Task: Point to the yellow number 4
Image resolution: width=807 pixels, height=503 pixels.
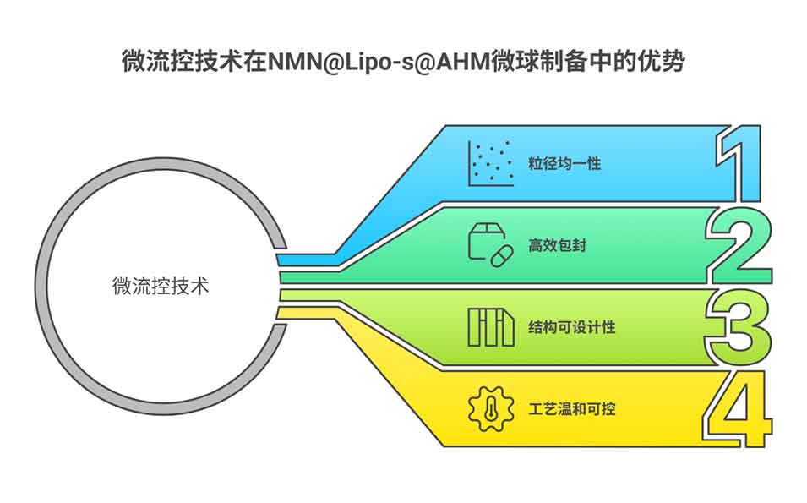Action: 740,409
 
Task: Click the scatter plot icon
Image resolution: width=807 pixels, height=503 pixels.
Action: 491,163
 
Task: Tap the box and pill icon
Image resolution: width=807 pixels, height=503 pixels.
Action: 490,245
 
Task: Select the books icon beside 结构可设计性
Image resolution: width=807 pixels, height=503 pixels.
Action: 490,327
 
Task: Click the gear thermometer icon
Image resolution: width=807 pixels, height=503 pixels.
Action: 490,408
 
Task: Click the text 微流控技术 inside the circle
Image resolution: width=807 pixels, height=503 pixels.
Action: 160,286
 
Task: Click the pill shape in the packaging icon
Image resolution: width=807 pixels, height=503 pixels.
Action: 501,254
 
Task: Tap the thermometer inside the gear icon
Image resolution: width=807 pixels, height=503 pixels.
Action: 491,408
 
